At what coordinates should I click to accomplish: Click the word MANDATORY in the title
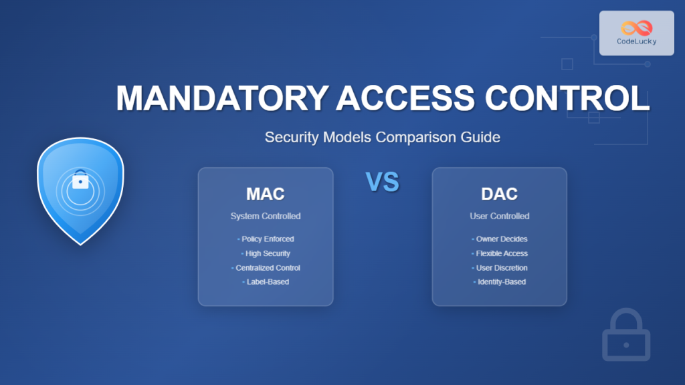221,99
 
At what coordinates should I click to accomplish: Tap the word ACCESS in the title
405,99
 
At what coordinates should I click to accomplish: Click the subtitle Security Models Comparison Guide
382,138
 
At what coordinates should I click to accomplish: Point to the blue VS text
382,182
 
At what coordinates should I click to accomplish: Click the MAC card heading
265,195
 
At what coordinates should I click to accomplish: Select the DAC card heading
499,195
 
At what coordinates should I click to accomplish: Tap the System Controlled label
265,217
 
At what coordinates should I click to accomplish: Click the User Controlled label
499,217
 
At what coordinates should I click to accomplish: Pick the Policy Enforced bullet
266,239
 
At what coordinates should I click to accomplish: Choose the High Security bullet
266,254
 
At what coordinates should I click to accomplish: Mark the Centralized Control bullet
266,268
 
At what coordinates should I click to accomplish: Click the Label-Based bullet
266,282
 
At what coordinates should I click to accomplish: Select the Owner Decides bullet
500,239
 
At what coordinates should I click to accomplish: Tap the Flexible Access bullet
500,254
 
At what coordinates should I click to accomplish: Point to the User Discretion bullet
500,268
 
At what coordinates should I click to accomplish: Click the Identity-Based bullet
500,282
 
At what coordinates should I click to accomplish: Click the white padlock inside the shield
80,180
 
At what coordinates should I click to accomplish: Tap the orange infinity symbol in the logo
636,28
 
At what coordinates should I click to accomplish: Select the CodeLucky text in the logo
636,42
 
